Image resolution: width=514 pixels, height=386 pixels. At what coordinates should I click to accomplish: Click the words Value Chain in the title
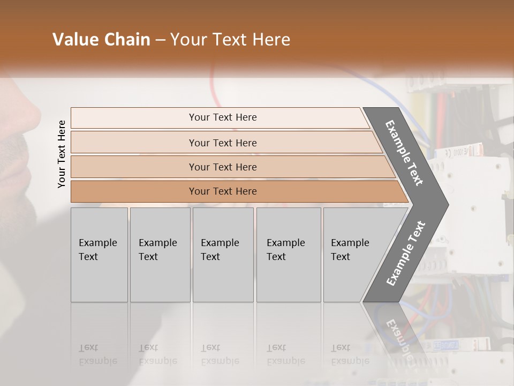point(101,40)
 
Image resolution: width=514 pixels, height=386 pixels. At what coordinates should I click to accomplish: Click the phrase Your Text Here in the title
point(230,40)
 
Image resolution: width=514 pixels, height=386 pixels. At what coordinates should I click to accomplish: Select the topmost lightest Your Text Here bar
point(222,117)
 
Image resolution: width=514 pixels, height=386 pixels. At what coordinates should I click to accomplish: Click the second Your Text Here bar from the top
point(222,143)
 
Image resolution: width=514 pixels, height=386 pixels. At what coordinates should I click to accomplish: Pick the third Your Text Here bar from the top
point(222,167)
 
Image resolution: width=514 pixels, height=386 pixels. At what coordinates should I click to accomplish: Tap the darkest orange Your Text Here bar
point(222,191)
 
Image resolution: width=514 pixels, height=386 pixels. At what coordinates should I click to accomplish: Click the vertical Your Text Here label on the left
point(62,154)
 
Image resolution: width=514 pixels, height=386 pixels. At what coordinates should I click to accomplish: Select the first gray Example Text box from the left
point(99,254)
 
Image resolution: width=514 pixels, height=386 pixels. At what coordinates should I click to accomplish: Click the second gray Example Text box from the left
point(160,254)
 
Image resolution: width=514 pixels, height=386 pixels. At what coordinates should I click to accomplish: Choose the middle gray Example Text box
point(223,254)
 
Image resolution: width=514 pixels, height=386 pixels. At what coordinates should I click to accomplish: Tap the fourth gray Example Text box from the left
point(288,254)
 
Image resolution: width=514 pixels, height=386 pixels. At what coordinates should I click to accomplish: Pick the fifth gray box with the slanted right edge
point(353,254)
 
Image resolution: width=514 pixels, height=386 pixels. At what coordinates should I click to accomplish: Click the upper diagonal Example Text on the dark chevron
point(404,153)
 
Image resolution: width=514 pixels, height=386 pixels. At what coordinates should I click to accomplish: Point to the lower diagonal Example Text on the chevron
point(405,253)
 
